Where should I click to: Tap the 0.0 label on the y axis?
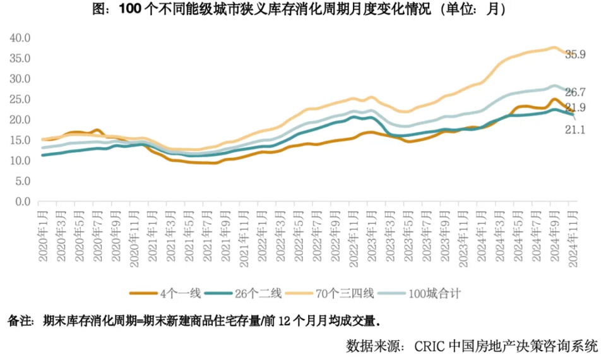[x=22, y=201]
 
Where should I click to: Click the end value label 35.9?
[x=575, y=55]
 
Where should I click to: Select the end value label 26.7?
[x=575, y=92]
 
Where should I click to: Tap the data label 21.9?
[x=575, y=108]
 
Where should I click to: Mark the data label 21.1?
[x=575, y=129]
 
